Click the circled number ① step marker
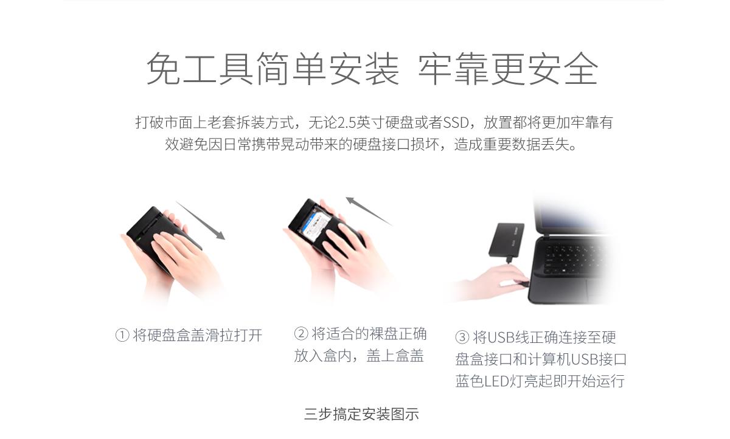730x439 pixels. pyautogui.click(x=122, y=336)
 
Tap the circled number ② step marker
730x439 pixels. pyautogui.click(x=301, y=334)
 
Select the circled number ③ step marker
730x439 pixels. pyautogui.click(x=462, y=337)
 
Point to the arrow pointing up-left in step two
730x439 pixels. pyautogui.click(x=369, y=211)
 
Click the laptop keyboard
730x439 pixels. pyautogui.click(x=578, y=255)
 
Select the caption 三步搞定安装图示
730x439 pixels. pyautogui.click(x=361, y=415)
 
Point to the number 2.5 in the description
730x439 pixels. pyautogui.click(x=347, y=123)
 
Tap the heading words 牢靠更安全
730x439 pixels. pyautogui.click(x=508, y=69)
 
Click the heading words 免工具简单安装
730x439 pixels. pyautogui.click(x=273, y=69)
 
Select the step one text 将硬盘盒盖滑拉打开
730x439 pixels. pyautogui.click(x=197, y=336)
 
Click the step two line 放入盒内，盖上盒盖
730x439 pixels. pyautogui.click(x=359, y=356)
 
